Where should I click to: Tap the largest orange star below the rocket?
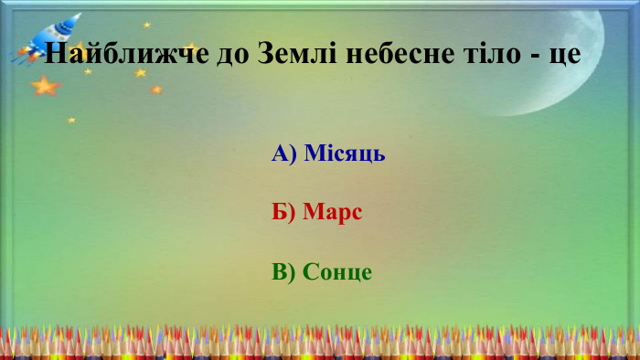44,86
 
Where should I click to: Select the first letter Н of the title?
54,54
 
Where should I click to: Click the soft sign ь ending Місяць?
379,154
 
